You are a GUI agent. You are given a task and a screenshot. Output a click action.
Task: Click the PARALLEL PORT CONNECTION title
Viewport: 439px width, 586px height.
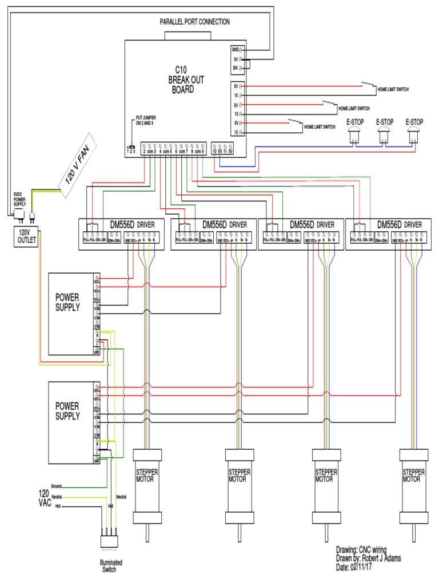coord(194,22)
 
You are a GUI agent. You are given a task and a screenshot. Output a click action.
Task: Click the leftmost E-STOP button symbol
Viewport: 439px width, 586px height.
coord(354,134)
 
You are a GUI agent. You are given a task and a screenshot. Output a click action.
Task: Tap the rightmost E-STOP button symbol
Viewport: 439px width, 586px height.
coord(414,134)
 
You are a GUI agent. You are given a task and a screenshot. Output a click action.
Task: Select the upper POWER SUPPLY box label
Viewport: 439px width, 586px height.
coord(67,302)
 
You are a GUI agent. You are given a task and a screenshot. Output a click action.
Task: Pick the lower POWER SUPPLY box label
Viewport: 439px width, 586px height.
coord(67,411)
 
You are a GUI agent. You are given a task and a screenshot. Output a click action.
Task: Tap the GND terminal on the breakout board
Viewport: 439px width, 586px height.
coord(235,50)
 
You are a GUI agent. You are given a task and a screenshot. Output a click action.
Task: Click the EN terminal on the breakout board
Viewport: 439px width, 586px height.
coord(235,68)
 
